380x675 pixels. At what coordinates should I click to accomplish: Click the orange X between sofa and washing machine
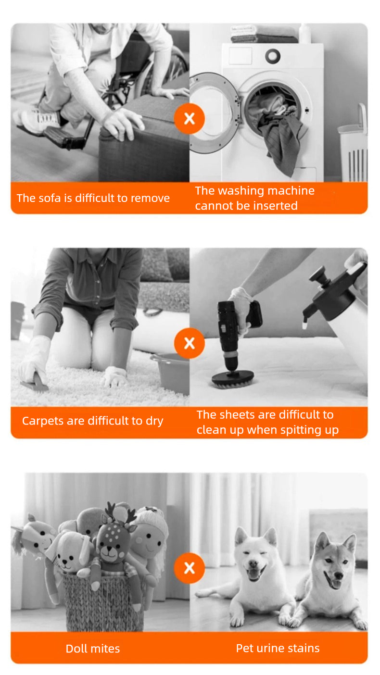190,118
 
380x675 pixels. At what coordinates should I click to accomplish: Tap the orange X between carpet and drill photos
190,343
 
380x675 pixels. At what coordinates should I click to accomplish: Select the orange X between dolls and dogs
190,568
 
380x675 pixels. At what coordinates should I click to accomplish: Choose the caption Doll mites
93,649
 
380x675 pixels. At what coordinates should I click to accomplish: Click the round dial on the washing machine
273,56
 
